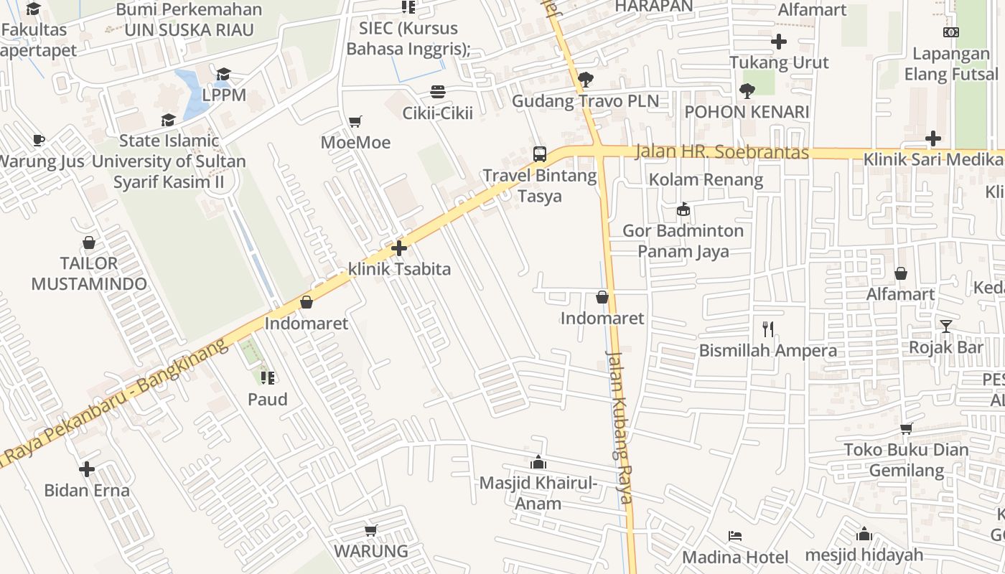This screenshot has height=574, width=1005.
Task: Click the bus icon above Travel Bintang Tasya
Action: point(539,154)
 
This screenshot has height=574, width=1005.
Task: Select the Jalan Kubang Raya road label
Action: point(618,427)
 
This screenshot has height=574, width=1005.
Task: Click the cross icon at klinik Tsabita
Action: point(399,249)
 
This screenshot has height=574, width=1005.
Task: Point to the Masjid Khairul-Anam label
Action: point(538,493)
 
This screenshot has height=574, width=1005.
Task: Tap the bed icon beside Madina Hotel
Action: point(734,536)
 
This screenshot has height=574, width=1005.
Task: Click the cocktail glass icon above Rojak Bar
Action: point(945,326)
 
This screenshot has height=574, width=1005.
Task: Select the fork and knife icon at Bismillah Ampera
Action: point(768,329)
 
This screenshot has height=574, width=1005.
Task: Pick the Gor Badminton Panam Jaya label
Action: point(683,241)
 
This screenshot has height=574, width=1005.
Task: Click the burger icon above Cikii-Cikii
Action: point(437,92)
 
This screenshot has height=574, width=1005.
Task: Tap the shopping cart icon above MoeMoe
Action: point(355,121)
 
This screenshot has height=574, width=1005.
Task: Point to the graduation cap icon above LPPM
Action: point(223,74)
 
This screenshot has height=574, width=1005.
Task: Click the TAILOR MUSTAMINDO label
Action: point(89,273)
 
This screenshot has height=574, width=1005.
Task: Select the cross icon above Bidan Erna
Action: point(87,469)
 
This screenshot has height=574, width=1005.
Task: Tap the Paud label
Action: point(268,400)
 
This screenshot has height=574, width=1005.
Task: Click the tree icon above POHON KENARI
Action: point(747,91)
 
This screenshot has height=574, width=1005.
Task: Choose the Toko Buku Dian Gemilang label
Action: point(905,460)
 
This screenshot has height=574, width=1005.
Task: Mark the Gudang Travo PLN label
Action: point(585,101)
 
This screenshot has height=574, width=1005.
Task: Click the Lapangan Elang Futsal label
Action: point(951,64)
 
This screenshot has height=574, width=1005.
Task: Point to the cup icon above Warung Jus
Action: point(39,140)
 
